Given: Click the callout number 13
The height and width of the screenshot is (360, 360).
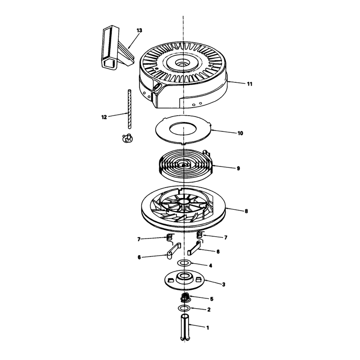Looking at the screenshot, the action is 139,30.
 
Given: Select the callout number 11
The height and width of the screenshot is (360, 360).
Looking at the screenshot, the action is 250,84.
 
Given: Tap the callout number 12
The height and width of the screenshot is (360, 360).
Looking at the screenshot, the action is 104,117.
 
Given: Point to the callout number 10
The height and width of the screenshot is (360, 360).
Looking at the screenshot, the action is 240,133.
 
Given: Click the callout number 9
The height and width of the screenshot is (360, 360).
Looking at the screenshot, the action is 238,168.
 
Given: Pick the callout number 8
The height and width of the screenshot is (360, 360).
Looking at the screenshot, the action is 246,211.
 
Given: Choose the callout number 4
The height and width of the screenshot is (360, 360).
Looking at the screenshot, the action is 210,265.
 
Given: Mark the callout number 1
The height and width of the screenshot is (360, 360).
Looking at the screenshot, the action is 207,328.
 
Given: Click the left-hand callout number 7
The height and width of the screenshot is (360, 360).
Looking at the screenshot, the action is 139,239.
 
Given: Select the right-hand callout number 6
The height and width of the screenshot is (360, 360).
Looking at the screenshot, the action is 218,252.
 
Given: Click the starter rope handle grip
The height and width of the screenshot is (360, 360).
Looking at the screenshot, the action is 117,48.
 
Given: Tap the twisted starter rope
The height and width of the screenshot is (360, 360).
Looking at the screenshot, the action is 130,109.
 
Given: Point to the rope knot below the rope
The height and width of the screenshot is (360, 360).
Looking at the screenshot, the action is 128,138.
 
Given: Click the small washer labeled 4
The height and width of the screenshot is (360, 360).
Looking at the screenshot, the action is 184,263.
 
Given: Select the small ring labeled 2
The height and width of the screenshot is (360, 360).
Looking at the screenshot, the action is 184,308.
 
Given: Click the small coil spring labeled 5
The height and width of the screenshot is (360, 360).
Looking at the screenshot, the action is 185,298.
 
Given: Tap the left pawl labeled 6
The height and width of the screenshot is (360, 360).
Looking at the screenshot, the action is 173,251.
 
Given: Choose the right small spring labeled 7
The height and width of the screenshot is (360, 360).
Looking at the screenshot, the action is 200,234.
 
